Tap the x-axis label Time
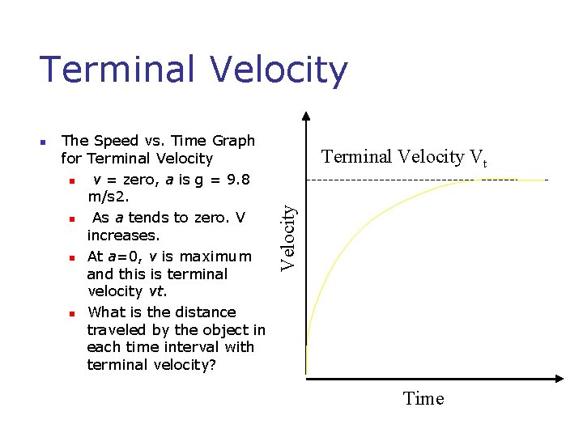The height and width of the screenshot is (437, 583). tap(423, 398)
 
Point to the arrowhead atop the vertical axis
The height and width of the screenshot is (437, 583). tap(306, 116)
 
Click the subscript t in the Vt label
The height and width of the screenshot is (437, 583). tap(484, 163)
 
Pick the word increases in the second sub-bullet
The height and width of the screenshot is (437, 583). tap(123, 235)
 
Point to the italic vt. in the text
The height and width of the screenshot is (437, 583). tap(160, 291)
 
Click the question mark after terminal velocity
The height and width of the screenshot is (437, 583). tap(212, 365)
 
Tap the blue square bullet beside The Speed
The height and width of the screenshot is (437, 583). tap(45, 142)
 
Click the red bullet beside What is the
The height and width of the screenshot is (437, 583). tap(71, 313)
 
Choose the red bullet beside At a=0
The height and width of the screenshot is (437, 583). tap(71, 257)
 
